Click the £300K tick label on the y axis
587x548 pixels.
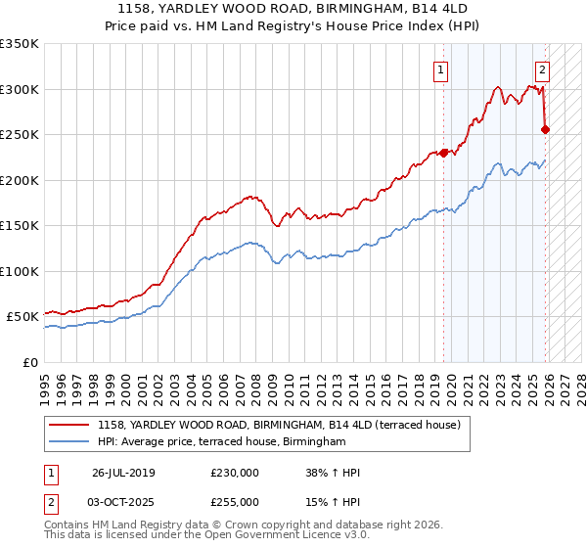(20, 89)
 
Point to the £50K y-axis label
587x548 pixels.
(23, 317)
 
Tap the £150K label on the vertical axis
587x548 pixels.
(20, 226)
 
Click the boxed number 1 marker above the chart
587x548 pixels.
(441, 69)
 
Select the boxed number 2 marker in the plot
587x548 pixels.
(542, 69)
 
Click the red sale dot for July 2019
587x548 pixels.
(443, 152)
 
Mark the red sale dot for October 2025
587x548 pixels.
(546, 129)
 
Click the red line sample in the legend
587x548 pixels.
(69, 425)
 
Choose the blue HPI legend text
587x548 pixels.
(222, 442)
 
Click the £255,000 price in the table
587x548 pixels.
(234, 502)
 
